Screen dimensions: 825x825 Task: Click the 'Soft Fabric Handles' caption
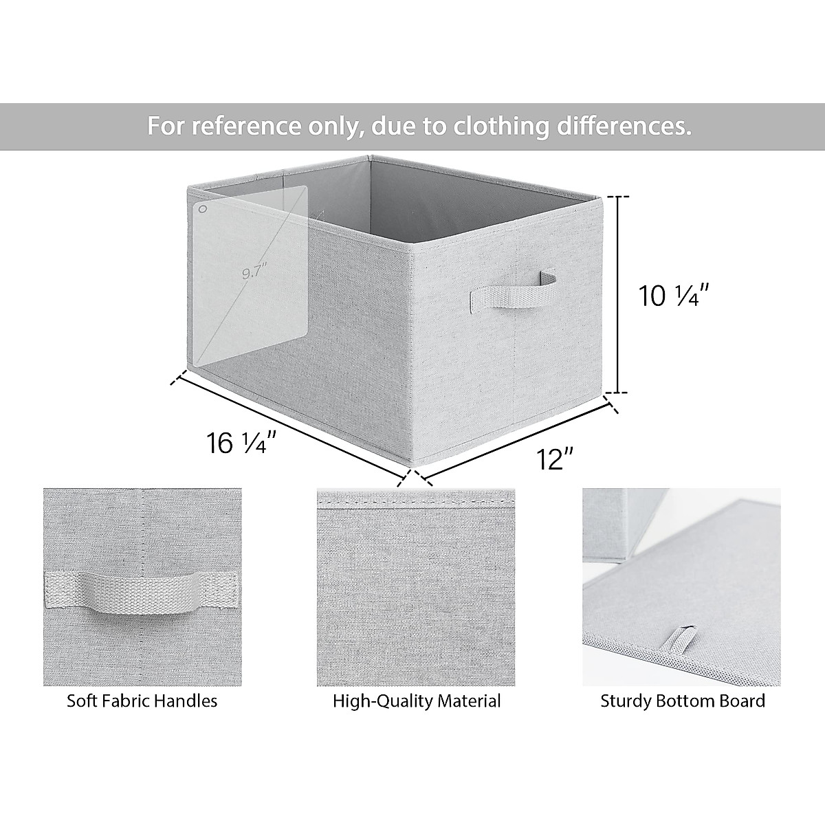point(142,701)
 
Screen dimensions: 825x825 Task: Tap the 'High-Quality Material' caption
point(417,701)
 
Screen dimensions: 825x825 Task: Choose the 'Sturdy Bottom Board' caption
point(682,701)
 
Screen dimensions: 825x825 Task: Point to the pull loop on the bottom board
point(680,636)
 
